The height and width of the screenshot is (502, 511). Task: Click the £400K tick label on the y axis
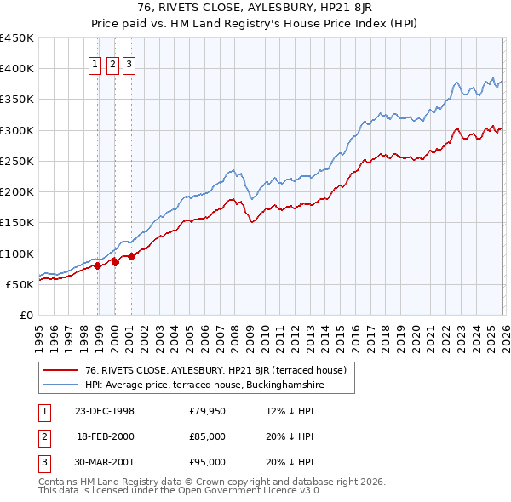tap(17, 69)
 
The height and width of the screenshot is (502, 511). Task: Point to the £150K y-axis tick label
tap(17, 223)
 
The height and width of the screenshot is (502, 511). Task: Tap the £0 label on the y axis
tap(26, 316)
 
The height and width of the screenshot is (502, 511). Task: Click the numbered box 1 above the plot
tap(96, 62)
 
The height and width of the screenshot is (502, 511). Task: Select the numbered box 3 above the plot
tap(129, 62)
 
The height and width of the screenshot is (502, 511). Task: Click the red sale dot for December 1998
tap(98, 265)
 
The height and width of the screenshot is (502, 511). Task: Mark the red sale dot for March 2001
tap(132, 256)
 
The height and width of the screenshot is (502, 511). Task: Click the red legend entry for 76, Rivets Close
tap(215, 370)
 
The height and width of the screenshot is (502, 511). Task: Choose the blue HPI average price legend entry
tap(204, 385)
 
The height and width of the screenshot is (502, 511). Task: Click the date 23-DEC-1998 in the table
tap(104, 412)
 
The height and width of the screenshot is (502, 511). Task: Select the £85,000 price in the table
tap(208, 437)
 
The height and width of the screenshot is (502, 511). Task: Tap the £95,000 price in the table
tap(208, 463)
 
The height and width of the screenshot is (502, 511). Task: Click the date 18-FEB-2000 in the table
tap(104, 437)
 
